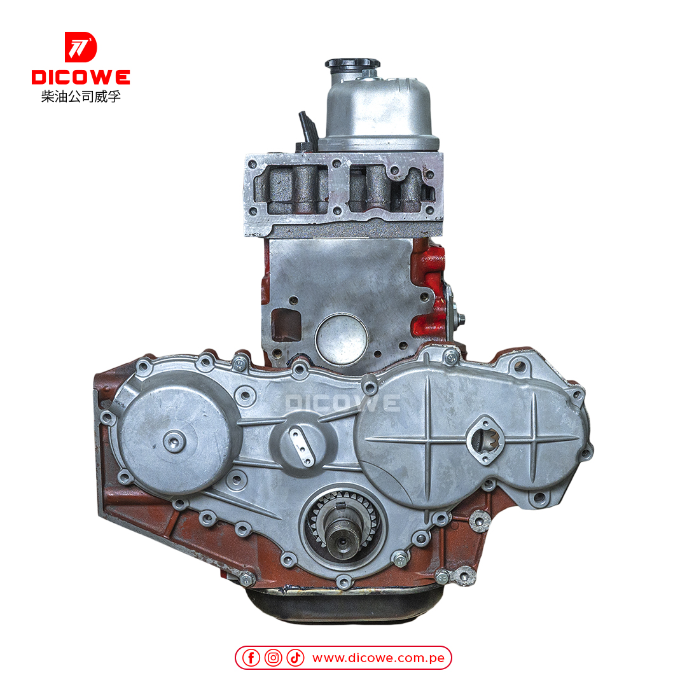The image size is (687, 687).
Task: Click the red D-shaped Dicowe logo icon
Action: tap(81, 47)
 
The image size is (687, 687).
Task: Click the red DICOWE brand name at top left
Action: tap(81, 78)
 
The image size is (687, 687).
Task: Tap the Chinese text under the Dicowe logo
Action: tap(81, 97)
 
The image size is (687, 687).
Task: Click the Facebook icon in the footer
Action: tap(251, 658)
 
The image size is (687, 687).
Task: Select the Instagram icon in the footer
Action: tap(273, 658)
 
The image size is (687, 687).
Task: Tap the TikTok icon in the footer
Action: tap(295, 658)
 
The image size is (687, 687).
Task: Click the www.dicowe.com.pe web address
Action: tap(378, 658)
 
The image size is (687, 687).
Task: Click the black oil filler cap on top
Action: tap(352, 65)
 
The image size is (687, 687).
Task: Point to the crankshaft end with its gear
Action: tap(342, 527)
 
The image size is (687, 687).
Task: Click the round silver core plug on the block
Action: tap(342, 338)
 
